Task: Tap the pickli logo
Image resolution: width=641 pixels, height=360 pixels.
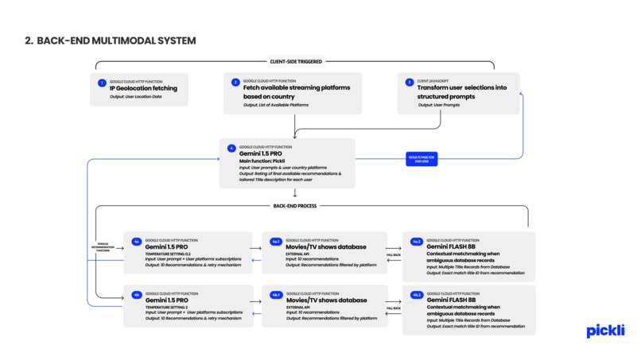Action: click(604, 331)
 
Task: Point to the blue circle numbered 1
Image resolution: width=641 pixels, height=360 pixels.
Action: click(102, 83)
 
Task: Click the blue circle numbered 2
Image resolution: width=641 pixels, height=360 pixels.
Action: click(235, 83)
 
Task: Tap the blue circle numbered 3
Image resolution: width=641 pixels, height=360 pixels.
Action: click(409, 82)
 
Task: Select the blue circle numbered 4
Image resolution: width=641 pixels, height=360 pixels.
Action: click(231, 148)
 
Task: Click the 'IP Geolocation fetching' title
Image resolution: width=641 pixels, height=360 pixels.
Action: click(143, 88)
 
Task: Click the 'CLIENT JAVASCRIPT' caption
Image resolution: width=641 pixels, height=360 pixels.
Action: click(434, 81)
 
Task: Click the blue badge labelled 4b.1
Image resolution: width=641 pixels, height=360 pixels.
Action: click(274, 294)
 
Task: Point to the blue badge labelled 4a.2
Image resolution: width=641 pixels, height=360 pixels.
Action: click(415, 241)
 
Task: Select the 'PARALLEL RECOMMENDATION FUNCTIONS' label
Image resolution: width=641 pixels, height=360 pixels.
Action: click(103, 248)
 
